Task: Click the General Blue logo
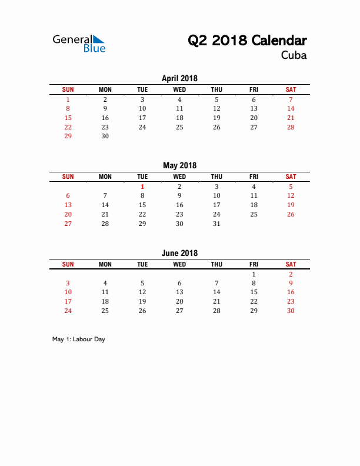[79, 43]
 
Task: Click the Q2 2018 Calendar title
[247, 41]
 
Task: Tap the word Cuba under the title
[294, 56]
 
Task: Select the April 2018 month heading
[179, 78]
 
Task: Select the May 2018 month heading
[179, 165]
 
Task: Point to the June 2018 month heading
[179, 253]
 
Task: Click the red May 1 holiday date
[142, 187]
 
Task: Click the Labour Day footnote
[78, 339]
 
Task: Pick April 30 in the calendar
[105, 136]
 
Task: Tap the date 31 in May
[216, 224]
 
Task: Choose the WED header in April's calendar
[179, 89]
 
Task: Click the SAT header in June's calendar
[291, 264]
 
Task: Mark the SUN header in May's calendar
[68, 177]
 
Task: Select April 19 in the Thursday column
[216, 118]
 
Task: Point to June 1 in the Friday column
[254, 274]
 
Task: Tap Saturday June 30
[291, 311]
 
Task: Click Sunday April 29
[68, 136]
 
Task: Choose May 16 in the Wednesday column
[179, 205]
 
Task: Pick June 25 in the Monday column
[105, 311]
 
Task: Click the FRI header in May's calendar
[254, 177]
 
